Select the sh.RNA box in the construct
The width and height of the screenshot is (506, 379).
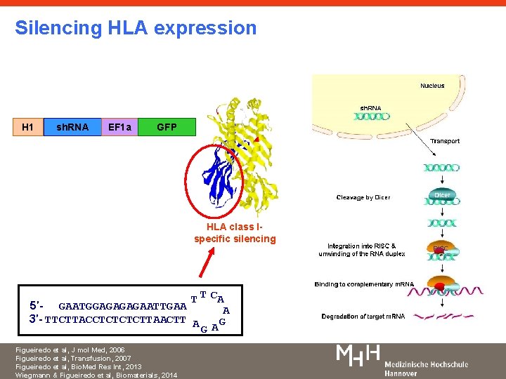[72, 127]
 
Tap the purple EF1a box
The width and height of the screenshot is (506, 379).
[119, 127]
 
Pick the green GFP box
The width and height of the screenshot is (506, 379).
[167, 127]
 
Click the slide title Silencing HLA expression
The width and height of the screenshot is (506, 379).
[136, 28]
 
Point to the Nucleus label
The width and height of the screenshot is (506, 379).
[432, 86]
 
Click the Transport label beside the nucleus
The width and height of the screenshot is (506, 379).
[445, 141]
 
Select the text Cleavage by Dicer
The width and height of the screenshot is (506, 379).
[363, 197]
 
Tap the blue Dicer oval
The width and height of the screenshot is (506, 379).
[442, 195]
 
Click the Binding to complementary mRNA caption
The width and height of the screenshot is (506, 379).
[364, 284]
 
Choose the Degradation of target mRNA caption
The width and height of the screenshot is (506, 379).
[363, 317]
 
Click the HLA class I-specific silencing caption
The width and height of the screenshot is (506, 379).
[235, 232]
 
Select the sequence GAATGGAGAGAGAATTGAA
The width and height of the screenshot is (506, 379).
[122, 306]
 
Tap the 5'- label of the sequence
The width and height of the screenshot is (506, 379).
[37, 306]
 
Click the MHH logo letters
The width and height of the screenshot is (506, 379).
[358, 355]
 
